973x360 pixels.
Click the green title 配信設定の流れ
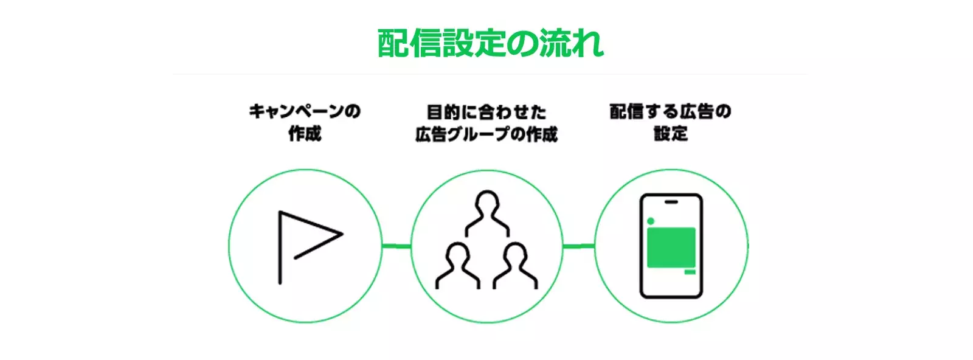point(490,43)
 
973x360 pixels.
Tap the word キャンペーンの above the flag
point(305,112)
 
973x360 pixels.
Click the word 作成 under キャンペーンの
point(305,134)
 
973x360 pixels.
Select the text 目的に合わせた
point(486,112)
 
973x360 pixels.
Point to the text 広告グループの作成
point(486,134)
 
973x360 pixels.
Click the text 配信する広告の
point(670,112)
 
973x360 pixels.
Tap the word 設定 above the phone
point(671,134)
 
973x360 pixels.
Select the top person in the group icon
point(487,213)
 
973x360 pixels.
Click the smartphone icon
point(671,246)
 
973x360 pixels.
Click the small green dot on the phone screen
point(651,221)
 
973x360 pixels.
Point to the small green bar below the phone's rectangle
point(690,272)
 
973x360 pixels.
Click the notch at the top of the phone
point(671,201)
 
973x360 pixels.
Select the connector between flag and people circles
point(396,246)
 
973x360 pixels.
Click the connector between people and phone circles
point(578,246)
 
